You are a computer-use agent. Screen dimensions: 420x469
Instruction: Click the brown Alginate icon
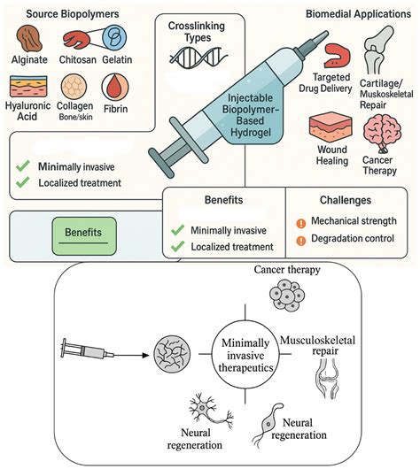tap(29, 39)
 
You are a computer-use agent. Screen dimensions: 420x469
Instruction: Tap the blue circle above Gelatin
tap(114, 38)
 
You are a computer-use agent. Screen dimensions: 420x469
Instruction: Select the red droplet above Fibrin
tap(115, 88)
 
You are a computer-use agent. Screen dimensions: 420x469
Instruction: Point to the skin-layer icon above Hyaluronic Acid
tap(28, 87)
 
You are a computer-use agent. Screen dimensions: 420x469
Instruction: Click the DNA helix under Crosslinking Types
tap(198, 57)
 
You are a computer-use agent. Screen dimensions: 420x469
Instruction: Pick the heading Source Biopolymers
tap(73, 14)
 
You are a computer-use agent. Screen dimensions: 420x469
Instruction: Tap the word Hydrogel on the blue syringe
tap(251, 132)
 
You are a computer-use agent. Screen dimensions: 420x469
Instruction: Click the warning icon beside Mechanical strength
tap(300, 223)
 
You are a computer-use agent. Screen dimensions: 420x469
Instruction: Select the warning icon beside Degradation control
tap(300, 241)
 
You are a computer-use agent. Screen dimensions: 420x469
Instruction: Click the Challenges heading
tap(346, 200)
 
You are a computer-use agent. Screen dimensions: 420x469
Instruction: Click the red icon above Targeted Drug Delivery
tap(337, 56)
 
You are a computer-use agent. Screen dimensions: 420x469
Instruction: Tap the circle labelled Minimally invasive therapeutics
tap(245, 355)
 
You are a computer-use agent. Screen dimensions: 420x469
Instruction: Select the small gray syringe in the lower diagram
tap(87, 350)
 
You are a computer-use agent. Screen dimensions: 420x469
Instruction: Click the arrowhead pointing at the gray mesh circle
tap(145, 355)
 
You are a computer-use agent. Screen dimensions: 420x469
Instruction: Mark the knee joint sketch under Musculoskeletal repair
tap(327, 378)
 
